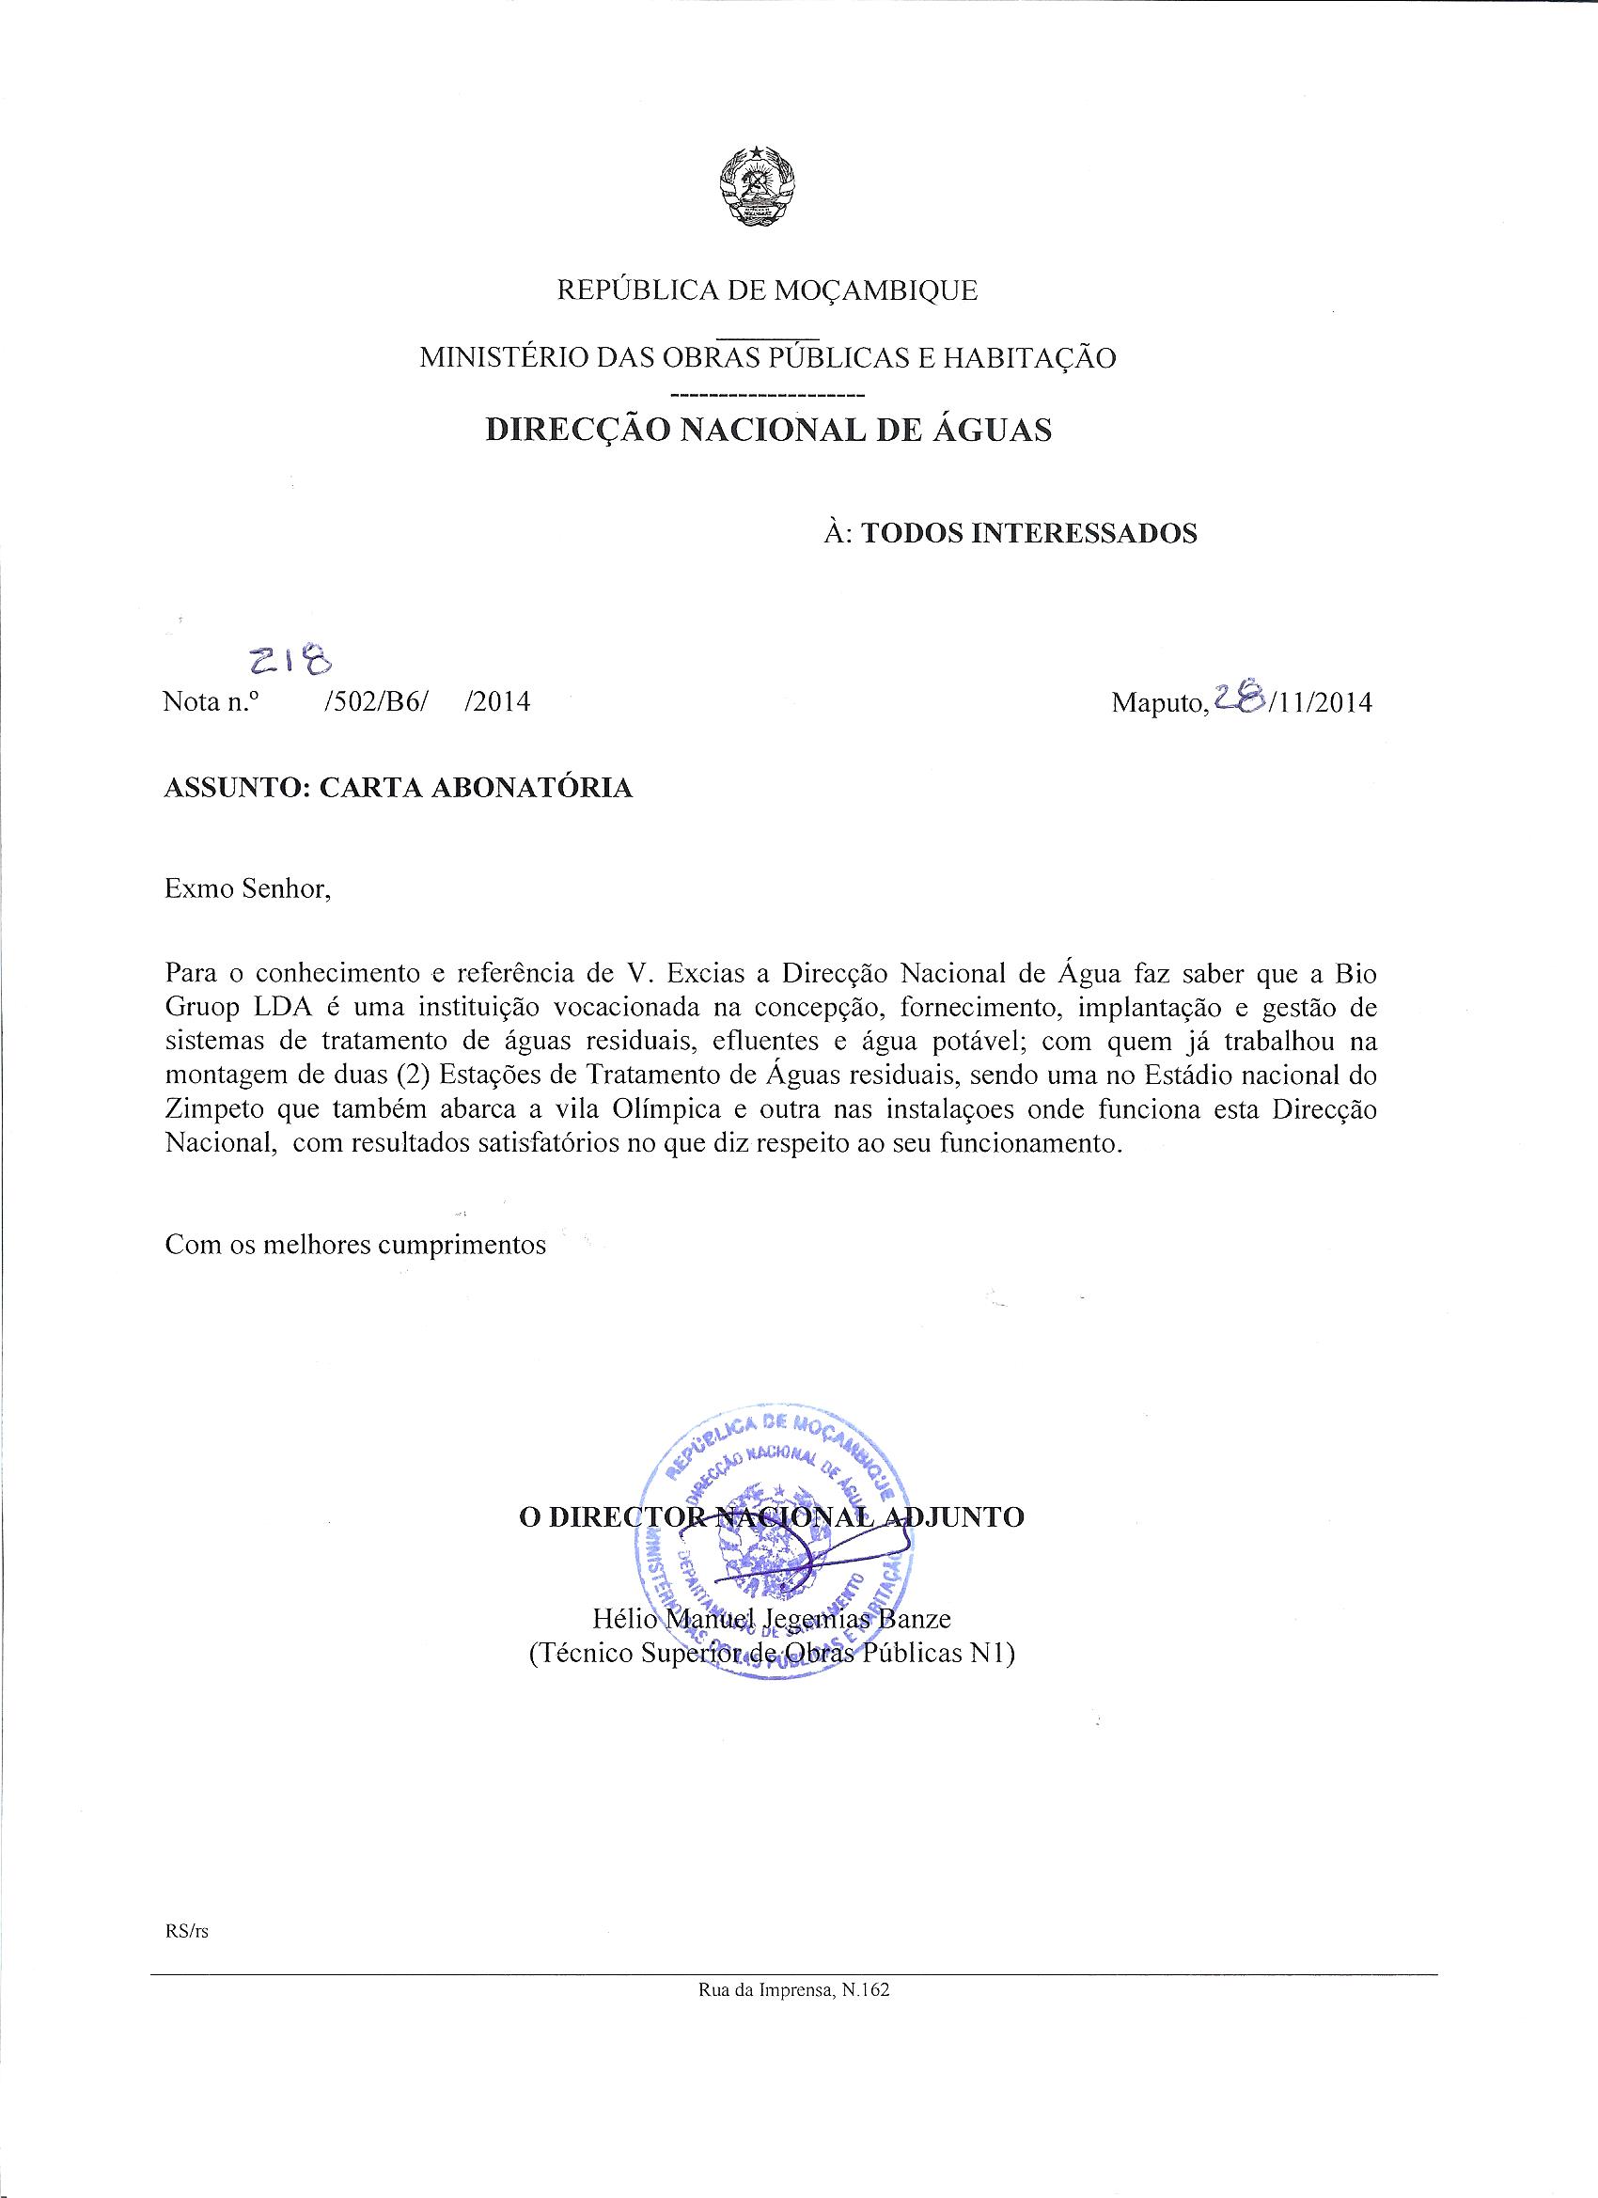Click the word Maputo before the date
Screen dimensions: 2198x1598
(1157, 702)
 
